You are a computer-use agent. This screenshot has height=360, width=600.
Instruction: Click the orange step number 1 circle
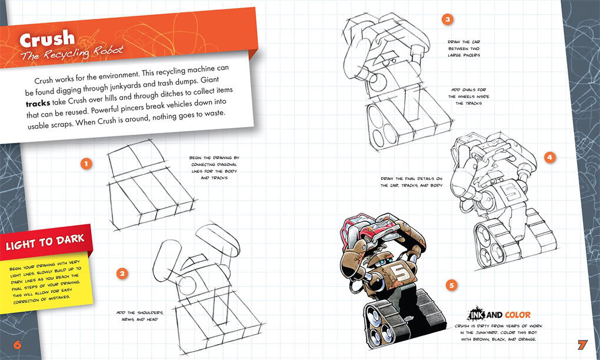coord(86,164)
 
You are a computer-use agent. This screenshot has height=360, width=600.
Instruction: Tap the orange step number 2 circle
coord(122,274)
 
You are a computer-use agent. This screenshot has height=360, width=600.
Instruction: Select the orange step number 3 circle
coord(447,19)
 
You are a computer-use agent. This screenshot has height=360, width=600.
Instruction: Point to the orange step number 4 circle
coord(549,157)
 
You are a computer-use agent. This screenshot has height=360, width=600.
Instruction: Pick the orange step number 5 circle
coord(452,285)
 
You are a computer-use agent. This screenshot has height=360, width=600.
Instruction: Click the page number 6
coord(17,345)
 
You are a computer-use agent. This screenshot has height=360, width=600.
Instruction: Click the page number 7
coord(582,345)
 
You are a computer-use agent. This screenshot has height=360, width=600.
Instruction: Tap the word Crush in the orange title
coord(47,39)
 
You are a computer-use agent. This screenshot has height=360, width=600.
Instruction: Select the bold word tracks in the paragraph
coord(38,104)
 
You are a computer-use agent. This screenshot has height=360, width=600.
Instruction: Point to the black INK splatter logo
coord(476,314)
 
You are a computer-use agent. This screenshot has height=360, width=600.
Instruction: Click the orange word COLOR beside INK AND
coord(517,315)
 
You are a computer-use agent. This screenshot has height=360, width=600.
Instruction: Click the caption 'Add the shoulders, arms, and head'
coord(139,316)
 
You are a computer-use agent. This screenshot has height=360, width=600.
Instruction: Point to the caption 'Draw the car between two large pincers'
coord(464,49)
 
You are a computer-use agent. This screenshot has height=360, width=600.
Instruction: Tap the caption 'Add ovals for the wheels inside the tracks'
coord(469,96)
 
